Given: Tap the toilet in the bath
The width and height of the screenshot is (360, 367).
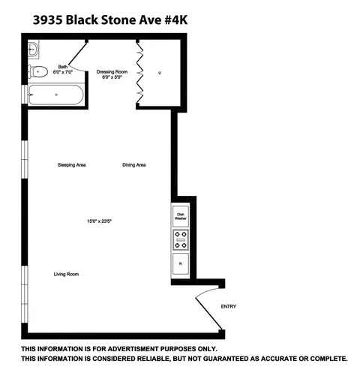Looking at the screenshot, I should [x=39, y=73].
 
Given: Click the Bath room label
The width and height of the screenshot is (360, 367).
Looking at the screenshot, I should [x=62, y=67].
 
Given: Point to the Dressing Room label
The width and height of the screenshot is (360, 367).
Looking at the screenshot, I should [x=112, y=71].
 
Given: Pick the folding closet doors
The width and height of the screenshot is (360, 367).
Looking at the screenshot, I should [x=139, y=73].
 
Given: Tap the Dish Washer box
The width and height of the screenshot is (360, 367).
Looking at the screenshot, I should [x=181, y=216].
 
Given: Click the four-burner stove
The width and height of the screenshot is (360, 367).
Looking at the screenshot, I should [x=181, y=240].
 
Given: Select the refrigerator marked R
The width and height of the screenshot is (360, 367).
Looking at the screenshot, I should [x=181, y=264].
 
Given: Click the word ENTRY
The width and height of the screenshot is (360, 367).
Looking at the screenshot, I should [x=228, y=307].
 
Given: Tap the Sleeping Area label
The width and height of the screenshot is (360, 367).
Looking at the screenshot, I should [x=72, y=164].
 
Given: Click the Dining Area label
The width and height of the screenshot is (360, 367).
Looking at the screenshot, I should [x=133, y=164].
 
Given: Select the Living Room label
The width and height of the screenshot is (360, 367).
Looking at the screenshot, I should [x=66, y=274].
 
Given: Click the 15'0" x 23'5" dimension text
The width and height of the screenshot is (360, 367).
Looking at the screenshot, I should [x=98, y=221].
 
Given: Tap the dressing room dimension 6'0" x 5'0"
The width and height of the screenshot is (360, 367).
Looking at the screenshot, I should [x=112, y=77].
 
